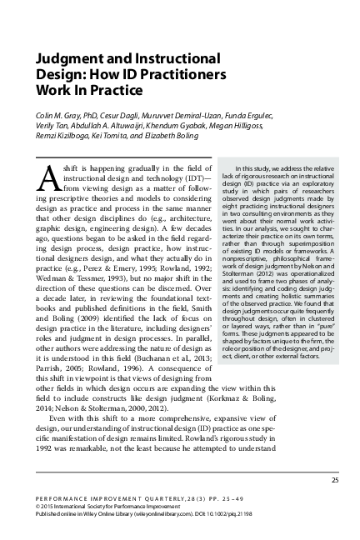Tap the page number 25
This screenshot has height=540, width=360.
334,480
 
